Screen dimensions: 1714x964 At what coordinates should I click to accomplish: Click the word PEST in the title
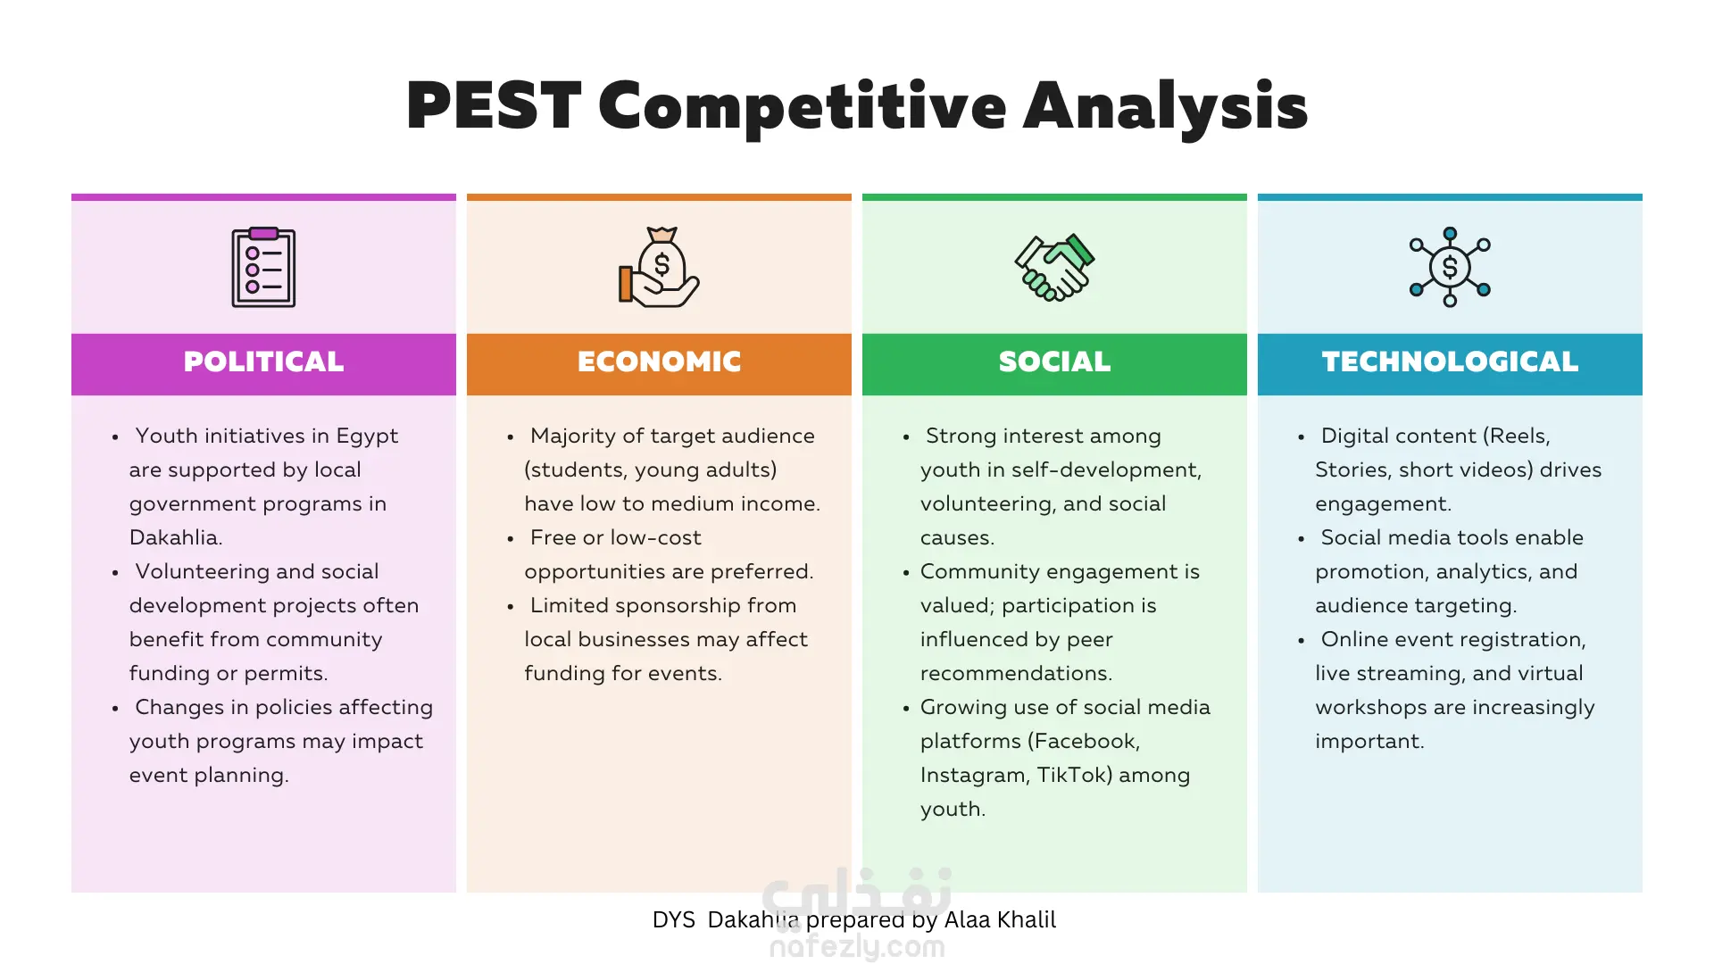click(494, 105)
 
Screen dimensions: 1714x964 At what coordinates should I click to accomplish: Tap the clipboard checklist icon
click(263, 267)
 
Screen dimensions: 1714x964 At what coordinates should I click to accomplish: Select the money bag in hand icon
click(659, 267)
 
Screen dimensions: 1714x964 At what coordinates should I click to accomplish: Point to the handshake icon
click(1054, 268)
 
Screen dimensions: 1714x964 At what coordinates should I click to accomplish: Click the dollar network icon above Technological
click(1450, 267)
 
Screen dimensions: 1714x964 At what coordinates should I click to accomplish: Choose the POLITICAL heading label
click(263, 361)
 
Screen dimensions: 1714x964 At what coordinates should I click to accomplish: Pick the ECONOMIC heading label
click(659, 361)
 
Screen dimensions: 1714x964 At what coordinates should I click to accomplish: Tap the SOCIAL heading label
click(1054, 361)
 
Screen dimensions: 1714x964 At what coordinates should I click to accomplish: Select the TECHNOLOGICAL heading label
click(1450, 361)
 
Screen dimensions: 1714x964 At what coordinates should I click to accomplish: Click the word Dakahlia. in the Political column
click(176, 537)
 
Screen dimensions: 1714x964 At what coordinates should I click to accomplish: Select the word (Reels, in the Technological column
click(1517, 436)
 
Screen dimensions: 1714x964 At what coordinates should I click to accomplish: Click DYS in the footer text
click(674, 920)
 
